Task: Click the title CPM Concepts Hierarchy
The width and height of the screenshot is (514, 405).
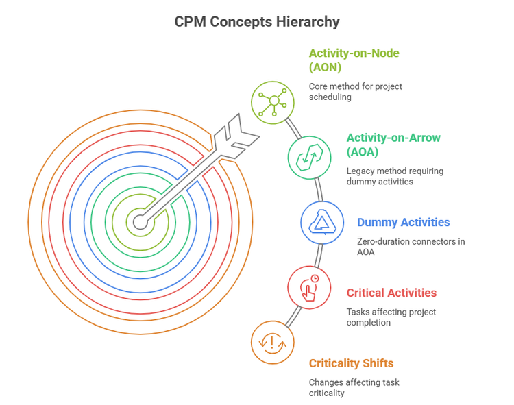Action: click(x=257, y=21)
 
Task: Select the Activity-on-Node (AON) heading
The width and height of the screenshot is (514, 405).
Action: click(x=354, y=60)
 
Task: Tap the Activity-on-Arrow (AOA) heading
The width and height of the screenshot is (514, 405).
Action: click(x=393, y=145)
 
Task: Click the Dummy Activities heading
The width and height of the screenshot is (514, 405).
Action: click(x=403, y=222)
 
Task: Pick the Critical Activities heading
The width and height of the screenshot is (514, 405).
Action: click(x=391, y=293)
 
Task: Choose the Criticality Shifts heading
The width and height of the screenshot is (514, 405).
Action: click(x=351, y=363)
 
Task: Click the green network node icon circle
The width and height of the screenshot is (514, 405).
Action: click(x=273, y=101)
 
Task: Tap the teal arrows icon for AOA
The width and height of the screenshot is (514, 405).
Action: click(x=309, y=157)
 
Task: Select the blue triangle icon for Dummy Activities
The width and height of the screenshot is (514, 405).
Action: click(x=322, y=222)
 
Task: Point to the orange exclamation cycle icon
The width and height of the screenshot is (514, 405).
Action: click(x=273, y=342)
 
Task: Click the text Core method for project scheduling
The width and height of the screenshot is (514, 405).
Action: click(x=355, y=92)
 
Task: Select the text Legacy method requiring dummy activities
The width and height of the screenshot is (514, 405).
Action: click(x=393, y=176)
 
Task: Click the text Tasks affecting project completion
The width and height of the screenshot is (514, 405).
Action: click(x=391, y=317)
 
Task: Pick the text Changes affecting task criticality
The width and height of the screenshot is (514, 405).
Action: click(x=354, y=388)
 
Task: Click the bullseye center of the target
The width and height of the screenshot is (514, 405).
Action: click(x=140, y=221)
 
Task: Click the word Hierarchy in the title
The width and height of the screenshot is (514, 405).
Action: click(x=308, y=21)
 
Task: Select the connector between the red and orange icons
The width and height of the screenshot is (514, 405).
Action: click(x=293, y=316)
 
